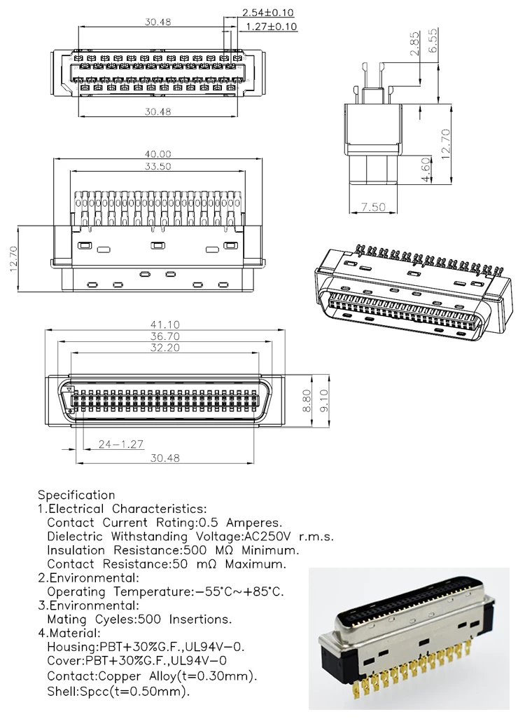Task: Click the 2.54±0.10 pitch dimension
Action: coord(268,13)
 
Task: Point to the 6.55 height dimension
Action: coord(433,41)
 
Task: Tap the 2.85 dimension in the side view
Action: coord(414,43)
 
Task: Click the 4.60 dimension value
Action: coord(426,170)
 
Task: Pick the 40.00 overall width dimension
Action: coord(158,154)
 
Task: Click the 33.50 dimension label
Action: coord(158,167)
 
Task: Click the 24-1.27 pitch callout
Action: coord(120,444)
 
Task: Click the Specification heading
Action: coord(76,495)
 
